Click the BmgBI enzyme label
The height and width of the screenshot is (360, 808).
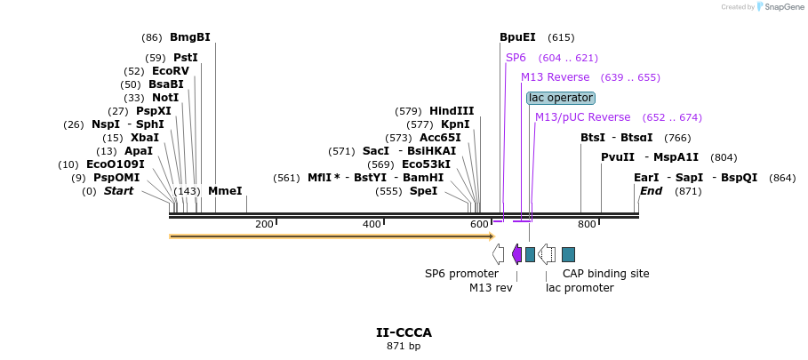tap(189, 37)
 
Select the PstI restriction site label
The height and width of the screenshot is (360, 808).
tap(185, 58)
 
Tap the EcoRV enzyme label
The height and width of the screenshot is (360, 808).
tap(170, 71)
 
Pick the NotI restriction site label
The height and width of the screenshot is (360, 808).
tap(164, 98)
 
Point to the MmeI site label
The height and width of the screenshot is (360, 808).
tap(225, 191)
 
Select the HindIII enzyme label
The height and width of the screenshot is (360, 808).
tap(452, 111)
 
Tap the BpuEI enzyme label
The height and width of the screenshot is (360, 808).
tap(517, 37)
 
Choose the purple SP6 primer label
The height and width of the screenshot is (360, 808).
tap(516, 58)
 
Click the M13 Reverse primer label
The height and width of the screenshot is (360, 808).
tap(555, 77)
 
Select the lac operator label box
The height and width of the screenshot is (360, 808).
tap(560, 98)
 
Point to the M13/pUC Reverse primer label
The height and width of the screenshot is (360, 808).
tap(582, 117)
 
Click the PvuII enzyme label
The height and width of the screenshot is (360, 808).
tap(618, 157)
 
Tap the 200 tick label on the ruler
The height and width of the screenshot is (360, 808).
tap(264, 224)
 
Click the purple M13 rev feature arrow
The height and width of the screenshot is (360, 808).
tap(516, 254)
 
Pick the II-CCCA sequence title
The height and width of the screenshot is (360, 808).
tap(404, 332)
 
